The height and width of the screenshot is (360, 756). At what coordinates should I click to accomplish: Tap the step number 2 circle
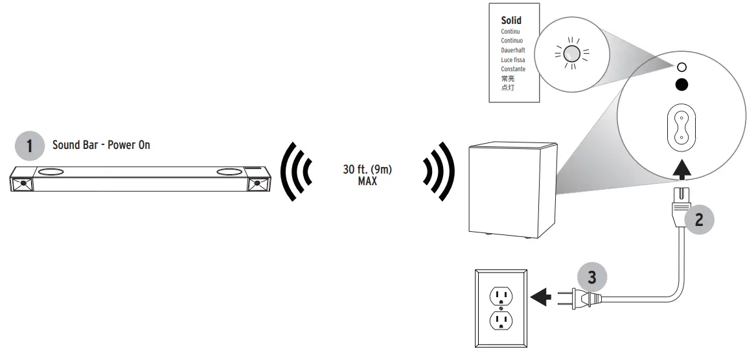(x=698, y=219)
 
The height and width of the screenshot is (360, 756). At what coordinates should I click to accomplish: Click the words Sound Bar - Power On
(x=100, y=145)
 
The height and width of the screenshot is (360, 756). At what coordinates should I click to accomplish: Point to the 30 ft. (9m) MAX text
(x=367, y=175)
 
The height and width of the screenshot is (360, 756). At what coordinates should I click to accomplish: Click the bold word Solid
(x=511, y=21)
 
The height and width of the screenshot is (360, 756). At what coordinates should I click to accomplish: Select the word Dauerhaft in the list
(x=512, y=50)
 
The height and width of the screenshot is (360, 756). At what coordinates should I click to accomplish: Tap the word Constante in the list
(x=513, y=69)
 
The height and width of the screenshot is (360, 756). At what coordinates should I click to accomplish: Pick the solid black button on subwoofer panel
(x=681, y=84)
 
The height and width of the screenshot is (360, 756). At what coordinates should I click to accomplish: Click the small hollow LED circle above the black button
(x=681, y=67)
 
